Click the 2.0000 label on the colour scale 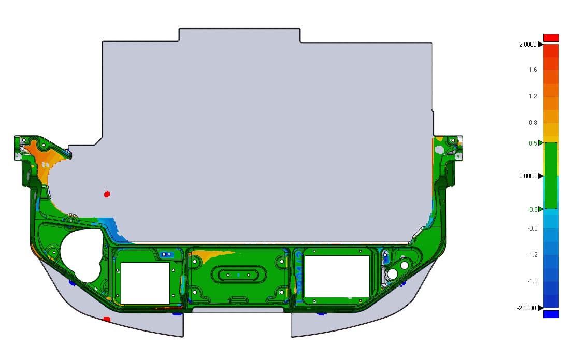[x=528, y=45]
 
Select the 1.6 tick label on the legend [x=533, y=70]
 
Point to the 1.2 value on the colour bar [x=533, y=96]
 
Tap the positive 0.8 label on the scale [x=533, y=123]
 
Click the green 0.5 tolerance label [x=533, y=143]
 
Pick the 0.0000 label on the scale [x=528, y=176]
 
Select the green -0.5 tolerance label [x=532, y=209]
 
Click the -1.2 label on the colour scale [x=533, y=255]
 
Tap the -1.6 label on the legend [x=533, y=281]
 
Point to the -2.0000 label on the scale [x=526, y=308]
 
